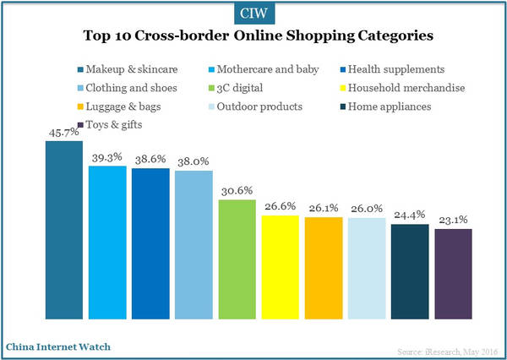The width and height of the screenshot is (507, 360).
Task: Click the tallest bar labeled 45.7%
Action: [63, 230]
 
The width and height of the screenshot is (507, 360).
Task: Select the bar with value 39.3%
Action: [107, 243]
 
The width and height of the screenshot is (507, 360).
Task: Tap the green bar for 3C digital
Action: [237, 259]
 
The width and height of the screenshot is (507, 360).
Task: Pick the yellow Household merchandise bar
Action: [280, 268]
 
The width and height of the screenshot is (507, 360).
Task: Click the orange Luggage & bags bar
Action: [324, 269]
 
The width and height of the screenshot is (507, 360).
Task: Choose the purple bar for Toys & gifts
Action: [453, 274]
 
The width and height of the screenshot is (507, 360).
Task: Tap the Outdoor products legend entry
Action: [261, 106]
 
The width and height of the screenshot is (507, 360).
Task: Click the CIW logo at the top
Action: [253, 12]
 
